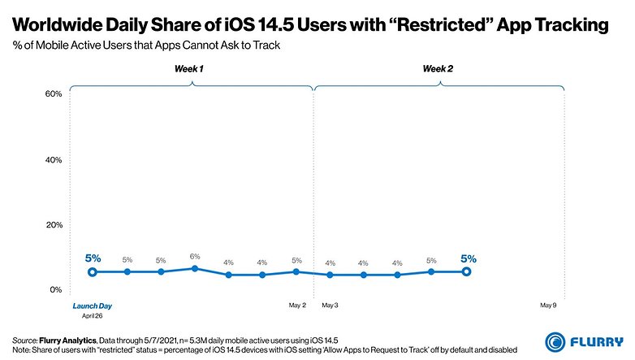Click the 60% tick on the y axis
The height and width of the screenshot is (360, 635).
click(x=54, y=94)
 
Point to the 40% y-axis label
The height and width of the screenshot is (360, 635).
click(x=54, y=160)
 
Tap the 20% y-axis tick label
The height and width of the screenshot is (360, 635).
click(x=54, y=225)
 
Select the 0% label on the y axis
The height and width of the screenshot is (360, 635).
click(x=56, y=289)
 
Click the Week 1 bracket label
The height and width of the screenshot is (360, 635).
click(x=189, y=70)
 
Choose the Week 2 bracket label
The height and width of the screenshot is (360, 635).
click(x=438, y=70)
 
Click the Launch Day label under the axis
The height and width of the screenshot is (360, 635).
click(x=92, y=306)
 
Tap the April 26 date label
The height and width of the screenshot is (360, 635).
click(x=92, y=315)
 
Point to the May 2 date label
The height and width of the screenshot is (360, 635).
click(x=297, y=306)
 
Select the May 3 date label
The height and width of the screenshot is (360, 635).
click(x=330, y=306)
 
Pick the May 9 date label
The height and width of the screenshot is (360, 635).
click(x=550, y=306)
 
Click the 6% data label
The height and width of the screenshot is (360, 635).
click(x=195, y=257)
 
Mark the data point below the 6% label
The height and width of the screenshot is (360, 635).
click(x=195, y=268)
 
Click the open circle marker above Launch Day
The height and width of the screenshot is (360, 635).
click(x=93, y=271)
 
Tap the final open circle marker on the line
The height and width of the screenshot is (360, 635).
click(x=466, y=271)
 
